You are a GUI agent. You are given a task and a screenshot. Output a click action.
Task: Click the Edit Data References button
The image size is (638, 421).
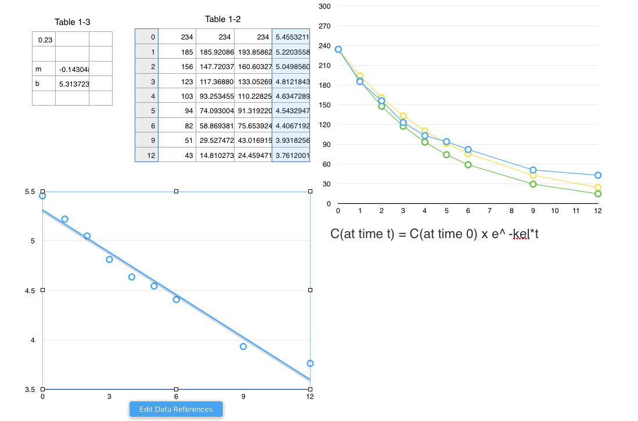[176, 409]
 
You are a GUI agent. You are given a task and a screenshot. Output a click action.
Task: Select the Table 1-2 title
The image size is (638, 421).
[223, 19]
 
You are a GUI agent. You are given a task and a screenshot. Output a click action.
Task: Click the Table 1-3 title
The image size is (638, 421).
[73, 22]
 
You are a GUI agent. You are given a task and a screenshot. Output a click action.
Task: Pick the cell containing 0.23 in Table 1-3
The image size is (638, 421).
[44, 40]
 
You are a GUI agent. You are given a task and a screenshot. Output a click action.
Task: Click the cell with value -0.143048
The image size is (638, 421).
[72, 70]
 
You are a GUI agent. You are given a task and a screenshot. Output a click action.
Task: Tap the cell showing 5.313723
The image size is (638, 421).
[72, 84]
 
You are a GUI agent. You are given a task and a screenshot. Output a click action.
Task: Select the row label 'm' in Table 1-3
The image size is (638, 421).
[44, 70]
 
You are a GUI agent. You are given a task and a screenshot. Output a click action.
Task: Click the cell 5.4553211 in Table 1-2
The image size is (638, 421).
[292, 37]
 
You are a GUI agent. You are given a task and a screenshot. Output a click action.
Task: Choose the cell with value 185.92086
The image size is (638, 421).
[215, 52]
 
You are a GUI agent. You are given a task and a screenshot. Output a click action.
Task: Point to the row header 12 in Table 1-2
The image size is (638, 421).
[147, 155]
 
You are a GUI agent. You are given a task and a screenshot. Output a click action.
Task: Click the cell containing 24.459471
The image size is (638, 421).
[253, 155]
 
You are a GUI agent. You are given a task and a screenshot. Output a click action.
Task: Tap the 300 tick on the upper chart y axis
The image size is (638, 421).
[325, 6]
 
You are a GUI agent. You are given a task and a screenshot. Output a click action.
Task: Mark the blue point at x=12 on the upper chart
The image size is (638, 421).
[598, 175]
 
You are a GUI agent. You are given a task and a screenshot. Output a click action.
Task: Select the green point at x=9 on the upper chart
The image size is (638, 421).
[533, 184]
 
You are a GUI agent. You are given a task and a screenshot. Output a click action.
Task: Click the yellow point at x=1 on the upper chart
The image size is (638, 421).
[360, 75]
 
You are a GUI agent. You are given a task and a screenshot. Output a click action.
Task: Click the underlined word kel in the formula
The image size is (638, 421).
[521, 234]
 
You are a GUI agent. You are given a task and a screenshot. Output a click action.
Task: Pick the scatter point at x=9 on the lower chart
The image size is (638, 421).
[243, 347]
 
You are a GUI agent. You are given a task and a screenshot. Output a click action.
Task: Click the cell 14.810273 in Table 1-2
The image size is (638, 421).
[215, 155]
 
